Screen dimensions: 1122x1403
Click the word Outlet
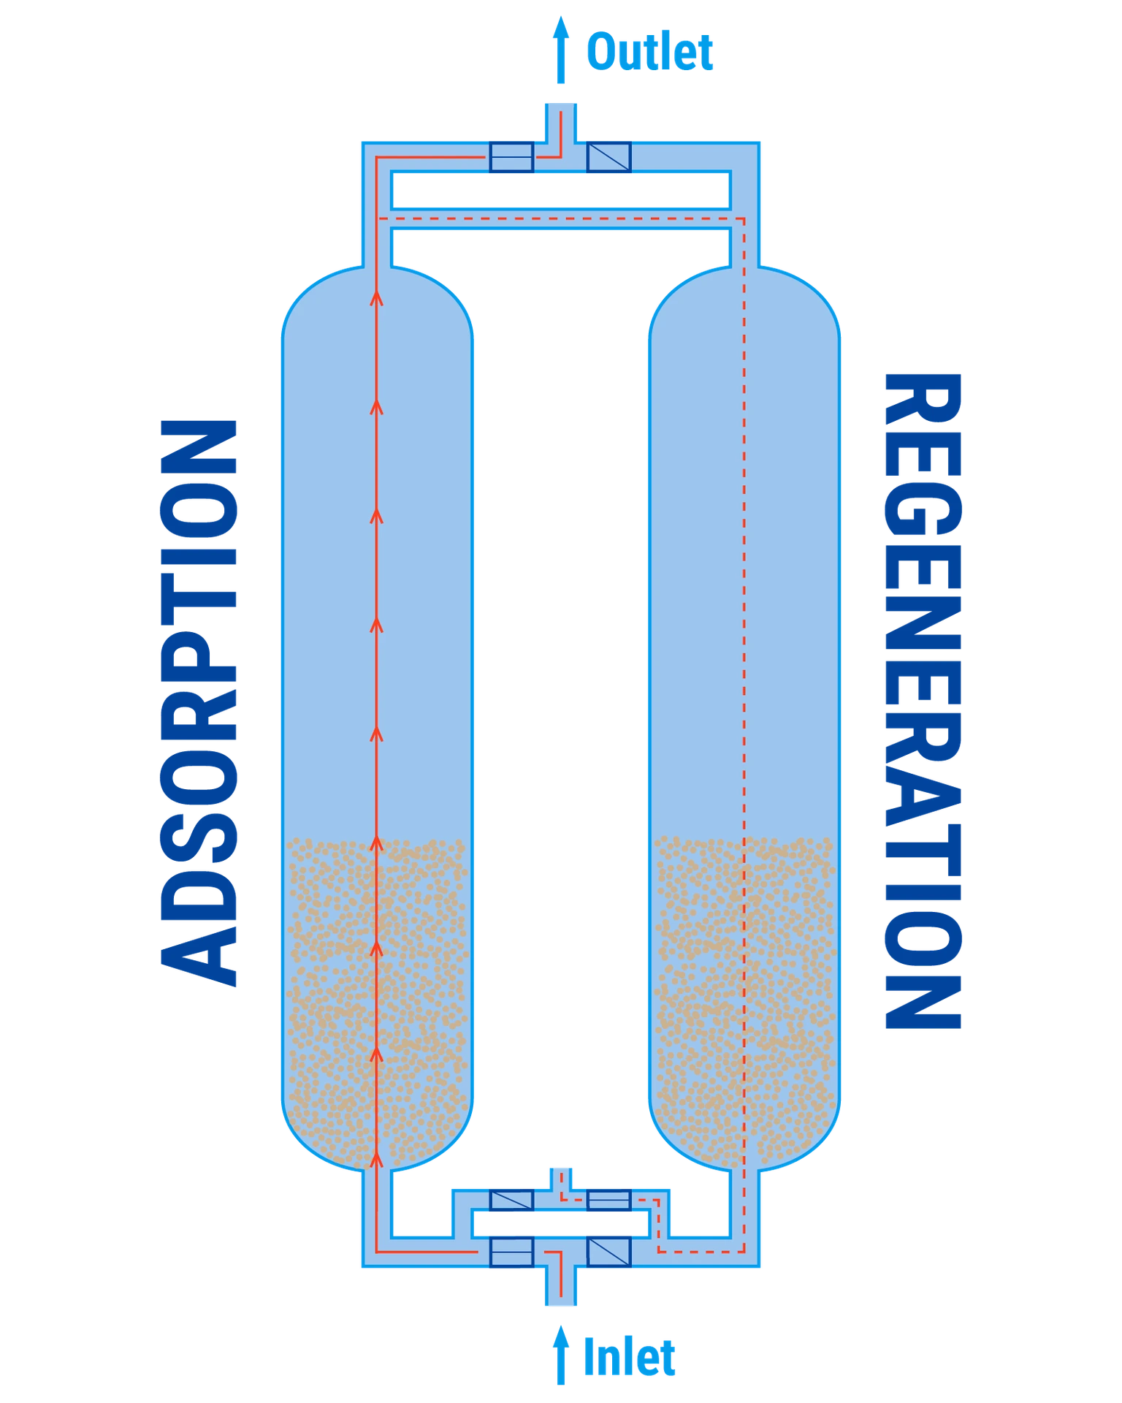[649, 52]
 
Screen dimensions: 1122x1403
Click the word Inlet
[629, 1357]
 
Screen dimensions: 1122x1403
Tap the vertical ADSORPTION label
[199, 703]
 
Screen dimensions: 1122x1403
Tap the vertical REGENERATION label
[923, 701]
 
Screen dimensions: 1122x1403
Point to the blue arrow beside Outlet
[561, 50]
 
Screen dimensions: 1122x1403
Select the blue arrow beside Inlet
[561, 1356]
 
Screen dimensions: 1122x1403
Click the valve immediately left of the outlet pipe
[511, 157]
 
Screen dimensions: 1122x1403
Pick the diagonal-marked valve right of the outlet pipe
[608, 157]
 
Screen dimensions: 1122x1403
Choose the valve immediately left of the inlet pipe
[511, 1252]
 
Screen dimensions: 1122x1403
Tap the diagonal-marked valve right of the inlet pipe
[608, 1252]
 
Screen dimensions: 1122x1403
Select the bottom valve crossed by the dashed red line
[608, 1200]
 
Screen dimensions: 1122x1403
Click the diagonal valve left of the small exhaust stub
[511, 1200]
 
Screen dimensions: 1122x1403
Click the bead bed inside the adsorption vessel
[377, 1001]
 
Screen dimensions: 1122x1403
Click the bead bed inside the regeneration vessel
[744, 1001]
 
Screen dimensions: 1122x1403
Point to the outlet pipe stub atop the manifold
[561, 123]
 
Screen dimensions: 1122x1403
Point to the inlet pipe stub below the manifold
[561, 1285]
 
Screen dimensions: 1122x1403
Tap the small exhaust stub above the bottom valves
[560, 1179]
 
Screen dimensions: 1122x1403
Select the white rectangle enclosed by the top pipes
[561, 190]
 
